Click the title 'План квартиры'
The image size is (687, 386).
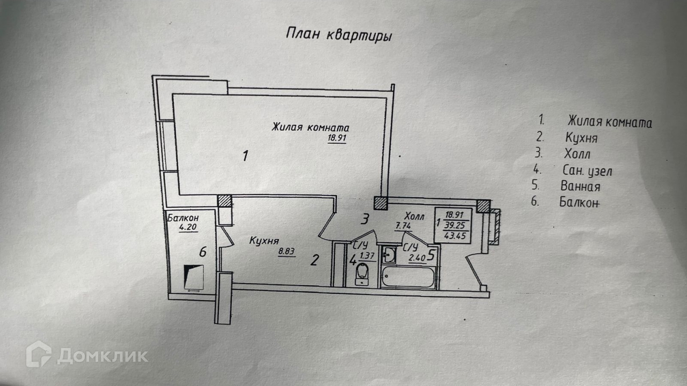click(x=338, y=35)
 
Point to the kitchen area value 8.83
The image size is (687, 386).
click(x=287, y=253)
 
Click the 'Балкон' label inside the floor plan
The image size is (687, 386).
click(x=183, y=218)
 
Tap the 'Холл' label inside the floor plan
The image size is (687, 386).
click(x=414, y=217)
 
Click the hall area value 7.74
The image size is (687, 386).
click(x=403, y=226)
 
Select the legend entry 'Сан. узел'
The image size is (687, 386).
click(x=587, y=172)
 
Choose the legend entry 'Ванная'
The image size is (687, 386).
click(x=580, y=187)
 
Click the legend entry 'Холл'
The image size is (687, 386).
click(x=577, y=155)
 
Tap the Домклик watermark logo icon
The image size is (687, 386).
click(x=39, y=354)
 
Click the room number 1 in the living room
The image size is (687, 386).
click(x=245, y=157)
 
